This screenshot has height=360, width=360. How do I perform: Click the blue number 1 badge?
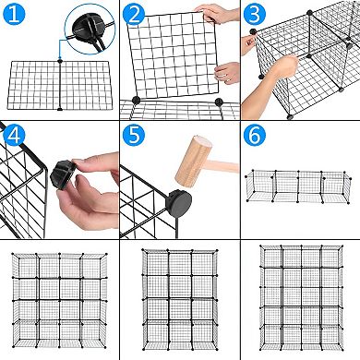[16, 16]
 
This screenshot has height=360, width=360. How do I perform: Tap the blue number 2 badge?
[136, 16]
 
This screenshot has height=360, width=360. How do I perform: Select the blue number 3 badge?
[255, 16]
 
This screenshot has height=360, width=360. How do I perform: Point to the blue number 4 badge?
[16, 136]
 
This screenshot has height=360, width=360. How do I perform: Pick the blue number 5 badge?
[136, 136]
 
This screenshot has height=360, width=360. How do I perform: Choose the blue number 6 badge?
[255, 136]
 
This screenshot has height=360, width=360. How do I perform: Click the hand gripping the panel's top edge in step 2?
[216, 13]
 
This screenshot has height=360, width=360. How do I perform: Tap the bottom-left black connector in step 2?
[137, 101]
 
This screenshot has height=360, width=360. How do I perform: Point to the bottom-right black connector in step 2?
[220, 102]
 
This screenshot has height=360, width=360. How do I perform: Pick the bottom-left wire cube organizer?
[59, 300]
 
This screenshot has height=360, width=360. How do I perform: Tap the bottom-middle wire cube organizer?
[179, 300]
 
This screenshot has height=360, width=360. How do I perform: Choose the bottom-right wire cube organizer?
[299, 300]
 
